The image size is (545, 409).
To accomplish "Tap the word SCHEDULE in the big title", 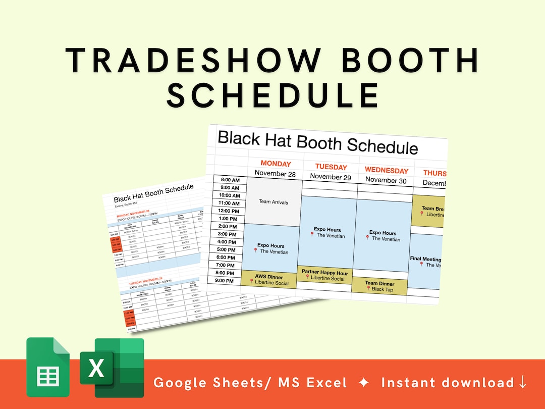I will [x=272, y=94].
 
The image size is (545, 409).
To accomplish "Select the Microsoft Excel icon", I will [x=112, y=368].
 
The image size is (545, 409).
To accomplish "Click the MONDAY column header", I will [x=276, y=164].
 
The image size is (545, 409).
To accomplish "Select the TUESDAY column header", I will [x=331, y=167].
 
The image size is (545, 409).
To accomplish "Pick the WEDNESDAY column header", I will [x=386, y=170].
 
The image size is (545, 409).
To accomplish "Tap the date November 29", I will [x=331, y=176].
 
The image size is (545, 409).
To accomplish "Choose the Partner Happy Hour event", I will [x=324, y=275].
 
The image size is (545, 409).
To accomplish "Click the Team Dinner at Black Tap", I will [x=379, y=286].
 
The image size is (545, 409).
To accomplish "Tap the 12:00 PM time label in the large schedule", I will [x=228, y=211].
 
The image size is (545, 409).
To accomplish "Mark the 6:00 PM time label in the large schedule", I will [x=229, y=257].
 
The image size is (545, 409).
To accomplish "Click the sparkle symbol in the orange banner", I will [x=364, y=383].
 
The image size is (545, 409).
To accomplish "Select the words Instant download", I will [x=447, y=383].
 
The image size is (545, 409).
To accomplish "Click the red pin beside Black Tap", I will [x=368, y=289].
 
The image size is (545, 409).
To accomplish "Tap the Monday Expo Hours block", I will [x=273, y=248].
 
